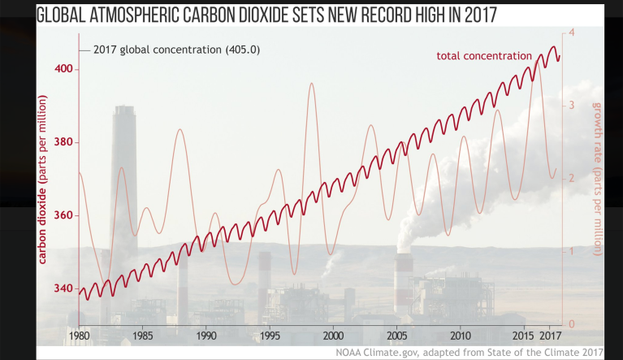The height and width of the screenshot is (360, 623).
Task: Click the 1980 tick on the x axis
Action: (x=79, y=335)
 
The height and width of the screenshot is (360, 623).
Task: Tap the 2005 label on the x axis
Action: (x=397, y=335)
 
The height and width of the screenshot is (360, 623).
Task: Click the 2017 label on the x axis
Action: (x=551, y=335)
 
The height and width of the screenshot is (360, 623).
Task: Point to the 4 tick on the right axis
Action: (x=572, y=33)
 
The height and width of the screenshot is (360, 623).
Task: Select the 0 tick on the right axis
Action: (x=572, y=324)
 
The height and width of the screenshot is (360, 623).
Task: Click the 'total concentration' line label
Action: (x=484, y=55)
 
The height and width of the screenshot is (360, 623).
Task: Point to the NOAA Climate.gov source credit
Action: (x=496, y=351)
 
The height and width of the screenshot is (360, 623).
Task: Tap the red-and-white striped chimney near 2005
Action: (x=403, y=280)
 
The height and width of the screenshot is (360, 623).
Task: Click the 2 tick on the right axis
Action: (x=572, y=178)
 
